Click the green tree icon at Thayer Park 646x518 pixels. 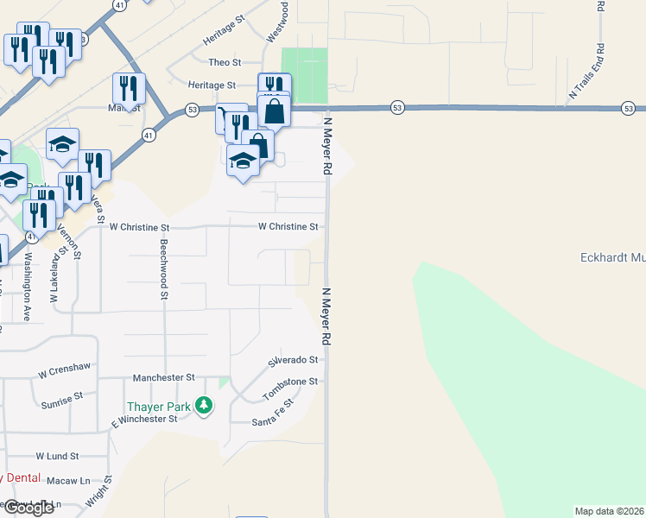(204, 404)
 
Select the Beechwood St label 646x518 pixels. (163, 270)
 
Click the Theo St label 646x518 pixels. (225, 62)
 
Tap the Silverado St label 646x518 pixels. (294, 360)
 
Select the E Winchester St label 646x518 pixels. (142, 419)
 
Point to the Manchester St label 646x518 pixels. (164, 378)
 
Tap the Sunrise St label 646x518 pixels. (62, 400)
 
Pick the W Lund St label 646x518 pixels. (57, 455)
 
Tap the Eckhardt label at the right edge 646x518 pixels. (611, 257)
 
